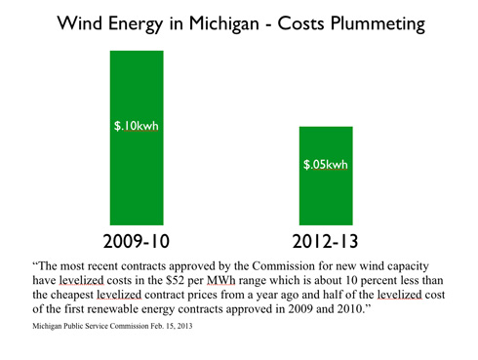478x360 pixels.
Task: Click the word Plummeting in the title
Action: click(x=378, y=23)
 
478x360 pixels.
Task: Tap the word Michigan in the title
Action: click(x=223, y=23)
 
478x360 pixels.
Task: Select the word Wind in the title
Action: click(x=80, y=22)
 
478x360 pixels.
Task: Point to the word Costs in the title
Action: click(x=300, y=23)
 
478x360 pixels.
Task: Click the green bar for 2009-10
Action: click(x=137, y=138)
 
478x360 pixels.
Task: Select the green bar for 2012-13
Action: click(x=326, y=176)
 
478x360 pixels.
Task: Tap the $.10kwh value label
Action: click(x=137, y=126)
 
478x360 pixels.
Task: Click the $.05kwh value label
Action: click(x=326, y=164)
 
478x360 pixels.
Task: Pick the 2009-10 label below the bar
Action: click(x=137, y=241)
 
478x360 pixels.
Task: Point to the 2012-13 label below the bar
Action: click(x=325, y=241)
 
